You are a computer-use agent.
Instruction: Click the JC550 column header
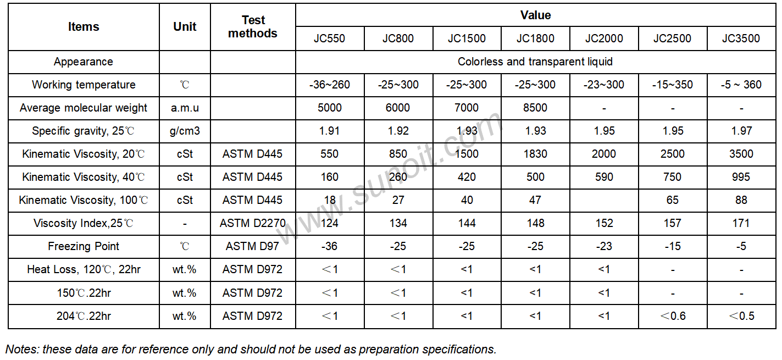329,38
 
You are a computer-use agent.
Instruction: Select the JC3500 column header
741,38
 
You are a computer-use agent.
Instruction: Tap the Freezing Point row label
84,246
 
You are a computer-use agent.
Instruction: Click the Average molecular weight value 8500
535,108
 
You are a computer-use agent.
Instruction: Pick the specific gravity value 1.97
741,131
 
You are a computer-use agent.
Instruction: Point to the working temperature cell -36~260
329,85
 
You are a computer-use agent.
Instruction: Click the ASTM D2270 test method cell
252,223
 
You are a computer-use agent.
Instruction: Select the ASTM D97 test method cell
252,246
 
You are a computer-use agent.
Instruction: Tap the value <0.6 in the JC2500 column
673,316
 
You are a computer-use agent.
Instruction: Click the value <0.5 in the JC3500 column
741,316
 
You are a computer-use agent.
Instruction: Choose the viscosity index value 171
741,223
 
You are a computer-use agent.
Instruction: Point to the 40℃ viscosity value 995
741,176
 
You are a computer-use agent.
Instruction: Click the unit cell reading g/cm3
185,131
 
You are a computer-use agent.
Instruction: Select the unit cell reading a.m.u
185,108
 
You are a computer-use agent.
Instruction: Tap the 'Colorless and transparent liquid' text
535,62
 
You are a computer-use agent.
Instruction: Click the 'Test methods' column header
253,26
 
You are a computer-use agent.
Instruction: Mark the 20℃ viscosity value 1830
535,154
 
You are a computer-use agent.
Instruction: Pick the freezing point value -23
603,246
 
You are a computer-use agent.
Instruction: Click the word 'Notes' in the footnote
21,349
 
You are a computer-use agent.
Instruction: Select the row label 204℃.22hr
84,316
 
